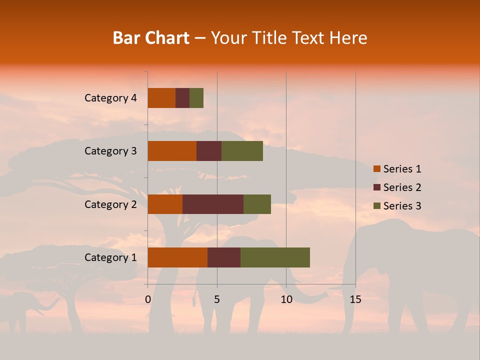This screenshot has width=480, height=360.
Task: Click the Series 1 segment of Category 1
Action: pyautogui.click(x=177, y=257)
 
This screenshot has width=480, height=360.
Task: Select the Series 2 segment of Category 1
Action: pyautogui.click(x=224, y=257)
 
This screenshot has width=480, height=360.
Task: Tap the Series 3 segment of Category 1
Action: pyautogui.click(x=275, y=257)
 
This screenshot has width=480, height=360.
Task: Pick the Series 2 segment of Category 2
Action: pyautogui.click(x=213, y=204)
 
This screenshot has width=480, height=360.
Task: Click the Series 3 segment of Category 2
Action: pyautogui.click(x=257, y=204)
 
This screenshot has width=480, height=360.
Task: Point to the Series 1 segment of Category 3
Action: pyautogui.click(x=172, y=151)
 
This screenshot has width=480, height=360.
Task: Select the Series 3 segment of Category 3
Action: pyautogui.click(x=242, y=151)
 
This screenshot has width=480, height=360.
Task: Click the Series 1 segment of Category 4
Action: pyautogui.click(x=161, y=98)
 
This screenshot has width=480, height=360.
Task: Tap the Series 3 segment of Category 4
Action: pyautogui.click(x=196, y=98)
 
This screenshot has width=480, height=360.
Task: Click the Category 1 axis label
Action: pyautogui.click(x=110, y=257)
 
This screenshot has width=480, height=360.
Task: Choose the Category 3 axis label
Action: pyautogui.click(x=110, y=151)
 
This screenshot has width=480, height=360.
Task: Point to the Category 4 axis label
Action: pyautogui.click(x=110, y=98)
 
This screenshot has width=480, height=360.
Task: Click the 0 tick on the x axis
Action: pyautogui.click(x=148, y=299)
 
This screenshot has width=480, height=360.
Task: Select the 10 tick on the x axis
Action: pyautogui.click(x=286, y=299)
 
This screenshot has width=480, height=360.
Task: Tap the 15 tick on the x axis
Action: pyautogui.click(x=355, y=299)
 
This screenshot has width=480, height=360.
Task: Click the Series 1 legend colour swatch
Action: pyautogui.click(x=376, y=169)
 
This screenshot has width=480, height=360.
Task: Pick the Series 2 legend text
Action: pyautogui.click(x=402, y=187)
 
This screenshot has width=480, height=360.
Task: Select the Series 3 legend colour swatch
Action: pyautogui.click(x=376, y=206)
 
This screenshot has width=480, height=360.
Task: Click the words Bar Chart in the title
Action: pyautogui.click(x=151, y=38)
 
